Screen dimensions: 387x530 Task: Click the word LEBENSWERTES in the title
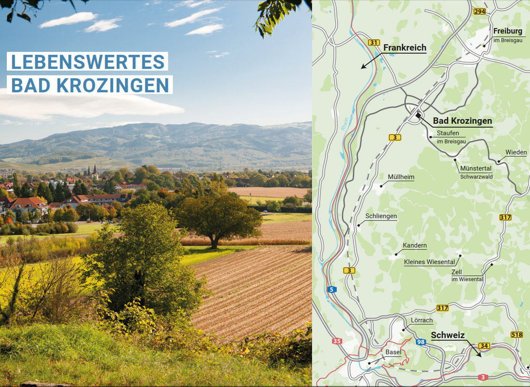coord(88,62)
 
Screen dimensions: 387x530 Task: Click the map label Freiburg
coord(508,31)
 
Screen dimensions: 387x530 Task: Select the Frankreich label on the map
coord(405,48)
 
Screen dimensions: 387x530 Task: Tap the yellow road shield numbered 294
coord(479,12)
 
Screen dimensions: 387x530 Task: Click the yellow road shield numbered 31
coord(373,43)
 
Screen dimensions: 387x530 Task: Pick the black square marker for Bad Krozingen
coord(419,116)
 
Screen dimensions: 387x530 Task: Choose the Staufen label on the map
coord(448,133)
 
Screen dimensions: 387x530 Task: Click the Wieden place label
coord(516,152)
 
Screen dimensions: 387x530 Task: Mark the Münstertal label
coord(475,168)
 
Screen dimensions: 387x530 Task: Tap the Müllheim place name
coord(401,177)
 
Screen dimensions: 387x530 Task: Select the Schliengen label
coord(381,216)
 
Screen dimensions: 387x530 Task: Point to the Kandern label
coord(414,245)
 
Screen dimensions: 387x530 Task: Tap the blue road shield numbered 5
coord(332,289)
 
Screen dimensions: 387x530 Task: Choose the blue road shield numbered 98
coord(421,342)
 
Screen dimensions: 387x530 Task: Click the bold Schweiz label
coord(448,335)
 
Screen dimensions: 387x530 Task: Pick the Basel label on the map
coord(393,352)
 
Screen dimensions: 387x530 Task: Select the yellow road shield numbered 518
coord(516,335)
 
